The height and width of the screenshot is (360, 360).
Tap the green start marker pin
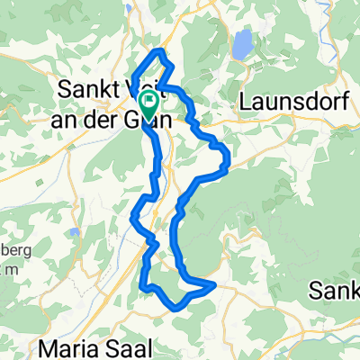[x=149, y=103]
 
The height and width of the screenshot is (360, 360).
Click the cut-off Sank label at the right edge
[x=335, y=290]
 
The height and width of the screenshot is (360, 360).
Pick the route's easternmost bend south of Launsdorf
[x=229, y=162]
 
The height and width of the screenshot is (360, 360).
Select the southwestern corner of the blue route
[x=142, y=287]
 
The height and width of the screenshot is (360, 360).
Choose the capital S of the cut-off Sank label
[x=316, y=290]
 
